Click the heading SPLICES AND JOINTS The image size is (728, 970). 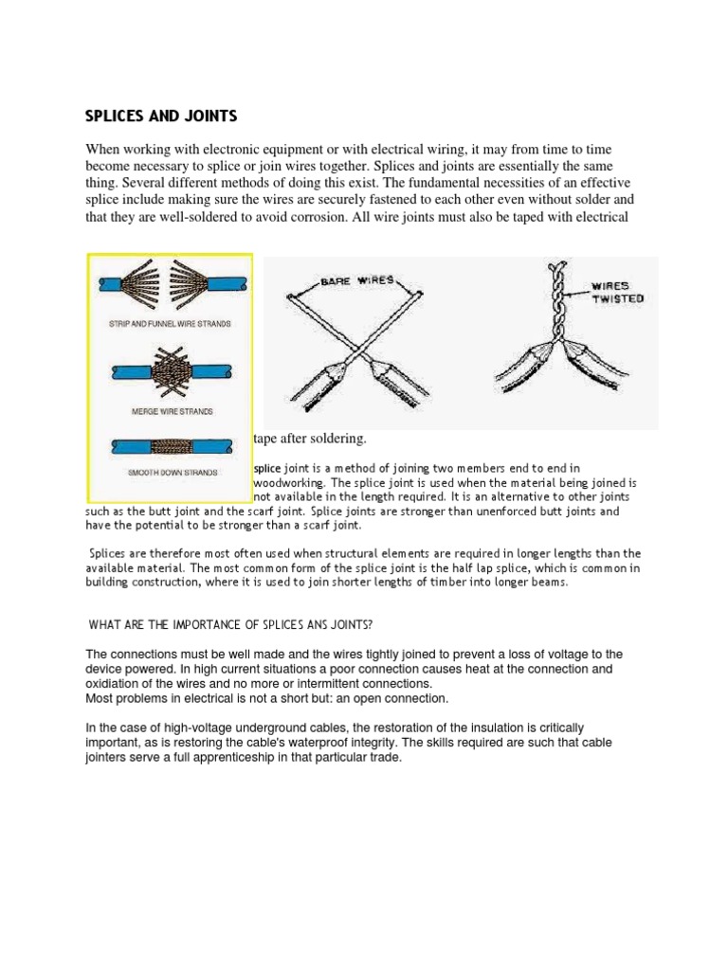(x=161, y=117)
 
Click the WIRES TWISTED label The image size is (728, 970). (x=617, y=291)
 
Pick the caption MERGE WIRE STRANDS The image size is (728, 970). (x=172, y=411)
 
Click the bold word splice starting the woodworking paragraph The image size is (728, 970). (x=267, y=468)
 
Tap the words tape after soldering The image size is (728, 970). (x=309, y=439)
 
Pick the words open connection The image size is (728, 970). (x=393, y=698)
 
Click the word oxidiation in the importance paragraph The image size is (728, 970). (x=118, y=683)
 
